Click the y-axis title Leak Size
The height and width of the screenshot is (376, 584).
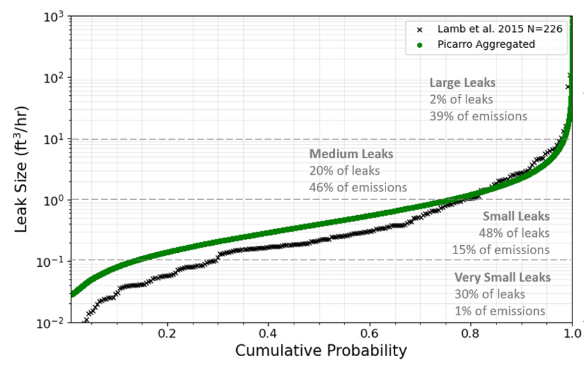[x=20, y=170]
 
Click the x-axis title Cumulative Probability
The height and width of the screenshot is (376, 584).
[x=321, y=350]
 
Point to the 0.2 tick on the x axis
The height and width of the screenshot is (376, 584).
[x=167, y=333]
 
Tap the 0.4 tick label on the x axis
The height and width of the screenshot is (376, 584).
[x=268, y=333]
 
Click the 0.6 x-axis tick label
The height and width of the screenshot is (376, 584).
[x=370, y=333]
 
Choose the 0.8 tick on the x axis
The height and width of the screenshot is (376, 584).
[x=471, y=333]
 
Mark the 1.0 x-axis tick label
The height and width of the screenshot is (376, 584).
[x=572, y=333]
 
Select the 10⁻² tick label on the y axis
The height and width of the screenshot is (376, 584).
[x=50, y=323]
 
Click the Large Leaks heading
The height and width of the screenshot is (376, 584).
[x=462, y=83]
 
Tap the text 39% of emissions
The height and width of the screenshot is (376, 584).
[x=478, y=116]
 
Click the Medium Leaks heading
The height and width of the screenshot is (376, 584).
[x=351, y=154]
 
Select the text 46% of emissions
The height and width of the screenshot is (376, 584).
[x=358, y=188]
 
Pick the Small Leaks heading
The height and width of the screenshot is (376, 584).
[x=516, y=216]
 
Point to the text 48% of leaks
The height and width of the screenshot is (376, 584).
[x=514, y=233]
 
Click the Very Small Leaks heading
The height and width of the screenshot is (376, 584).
[x=502, y=278]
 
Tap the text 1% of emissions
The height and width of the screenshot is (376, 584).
[x=500, y=311]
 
